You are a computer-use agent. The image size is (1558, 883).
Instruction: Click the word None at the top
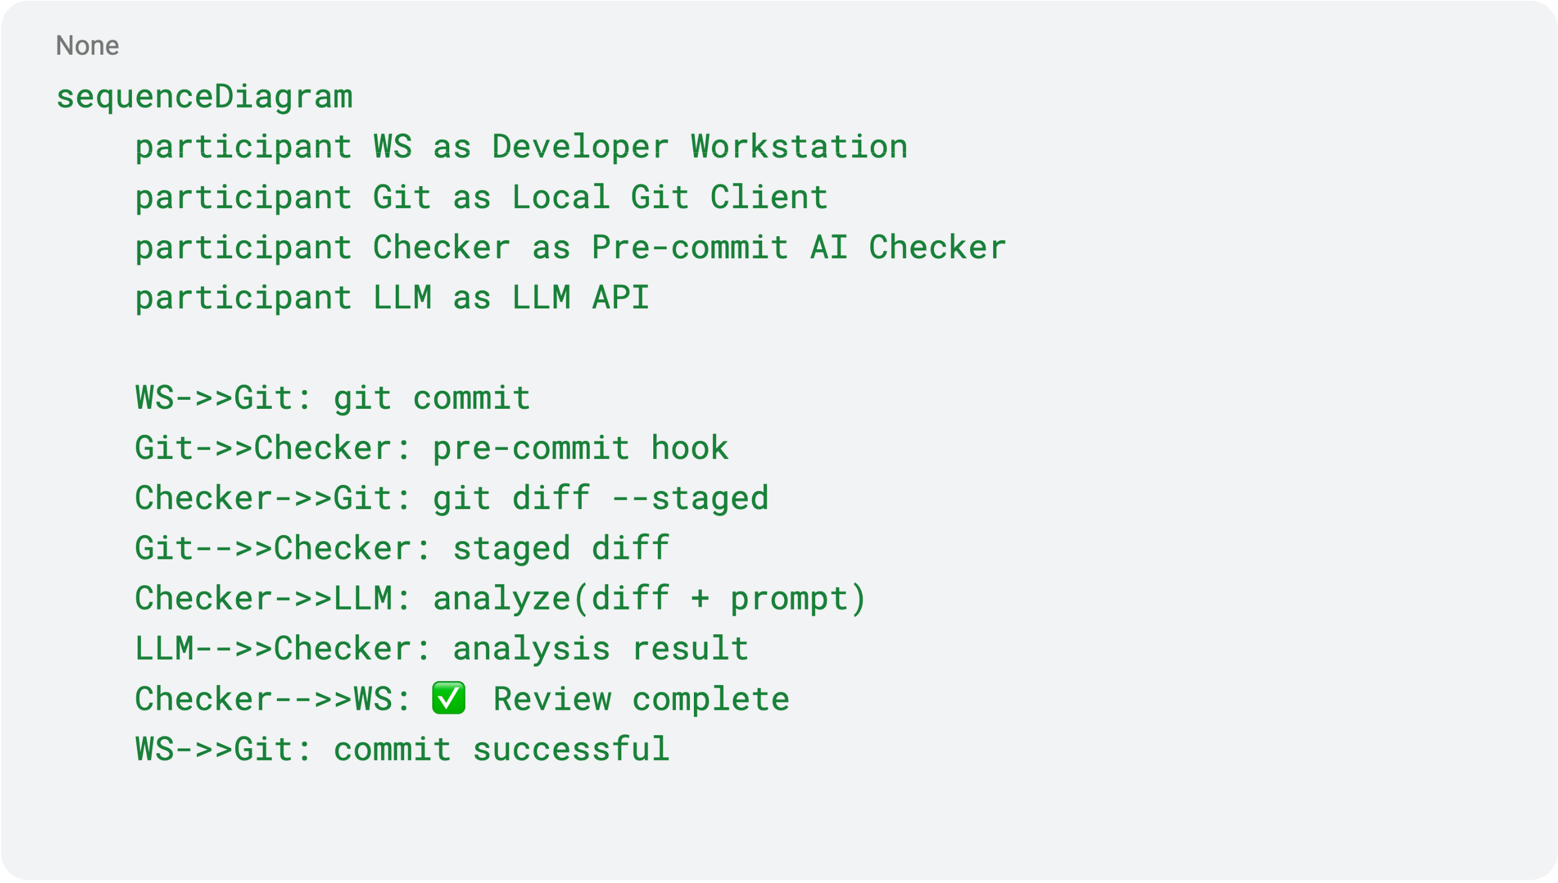(87, 46)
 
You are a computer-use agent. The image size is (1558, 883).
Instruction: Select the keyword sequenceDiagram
(204, 97)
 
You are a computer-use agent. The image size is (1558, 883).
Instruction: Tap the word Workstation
(799, 147)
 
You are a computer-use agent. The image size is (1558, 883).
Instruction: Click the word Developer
(580, 147)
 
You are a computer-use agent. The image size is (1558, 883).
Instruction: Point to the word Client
(769, 197)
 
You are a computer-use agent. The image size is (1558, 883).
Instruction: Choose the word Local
(561, 197)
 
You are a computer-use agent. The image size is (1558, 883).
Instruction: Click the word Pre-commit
(690, 248)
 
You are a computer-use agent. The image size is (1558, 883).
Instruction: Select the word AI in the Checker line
(829, 248)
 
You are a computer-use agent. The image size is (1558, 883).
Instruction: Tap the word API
(620, 298)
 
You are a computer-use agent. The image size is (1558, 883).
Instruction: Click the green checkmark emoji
(449, 698)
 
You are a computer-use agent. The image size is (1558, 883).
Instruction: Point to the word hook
(689, 448)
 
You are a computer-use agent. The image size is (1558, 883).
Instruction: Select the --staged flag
(690, 498)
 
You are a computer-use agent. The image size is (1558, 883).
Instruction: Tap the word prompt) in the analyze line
(798, 599)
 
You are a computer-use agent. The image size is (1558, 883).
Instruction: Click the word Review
(552, 699)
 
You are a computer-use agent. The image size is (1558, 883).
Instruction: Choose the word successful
(571, 749)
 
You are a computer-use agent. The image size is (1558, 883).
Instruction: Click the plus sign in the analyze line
(700, 599)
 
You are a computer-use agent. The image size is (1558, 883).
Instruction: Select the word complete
(710, 699)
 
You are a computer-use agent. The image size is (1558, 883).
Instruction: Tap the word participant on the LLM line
(243, 298)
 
